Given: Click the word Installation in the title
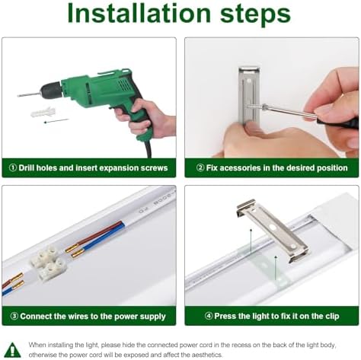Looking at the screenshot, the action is tap(139, 13).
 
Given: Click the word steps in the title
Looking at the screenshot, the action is tap(255, 14).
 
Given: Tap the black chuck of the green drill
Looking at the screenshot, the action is tap(50, 89).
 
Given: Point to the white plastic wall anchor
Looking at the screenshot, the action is tap(43, 113).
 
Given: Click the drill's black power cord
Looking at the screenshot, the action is tap(149, 149).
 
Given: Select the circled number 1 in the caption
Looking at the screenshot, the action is tap(13, 167).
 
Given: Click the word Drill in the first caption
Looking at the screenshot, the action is tap(27, 167).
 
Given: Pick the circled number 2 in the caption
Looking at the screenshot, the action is tap(200, 167).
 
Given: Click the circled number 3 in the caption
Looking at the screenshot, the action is tap(14, 316).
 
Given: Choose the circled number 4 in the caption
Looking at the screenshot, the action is tap(209, 316).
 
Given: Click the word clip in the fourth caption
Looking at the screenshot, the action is tap(331, 317).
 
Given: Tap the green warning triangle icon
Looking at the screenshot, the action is tap(12, 349).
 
